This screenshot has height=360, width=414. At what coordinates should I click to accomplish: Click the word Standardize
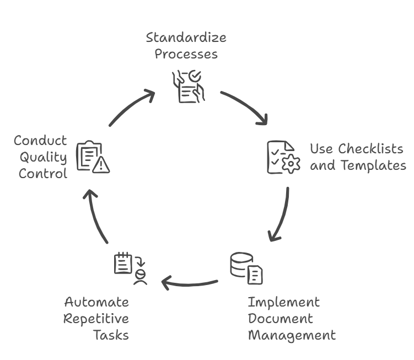(186, 38)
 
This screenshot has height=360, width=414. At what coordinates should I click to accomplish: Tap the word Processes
(186, 54)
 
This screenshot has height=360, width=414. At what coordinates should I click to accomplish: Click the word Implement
(283, 302)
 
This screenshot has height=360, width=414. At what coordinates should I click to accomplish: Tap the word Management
(291, 335)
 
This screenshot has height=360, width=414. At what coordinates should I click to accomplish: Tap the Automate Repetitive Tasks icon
(130, 268)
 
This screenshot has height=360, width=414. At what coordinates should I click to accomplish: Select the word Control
(43, 173)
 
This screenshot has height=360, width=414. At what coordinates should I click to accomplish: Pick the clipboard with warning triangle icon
(92, 157)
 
